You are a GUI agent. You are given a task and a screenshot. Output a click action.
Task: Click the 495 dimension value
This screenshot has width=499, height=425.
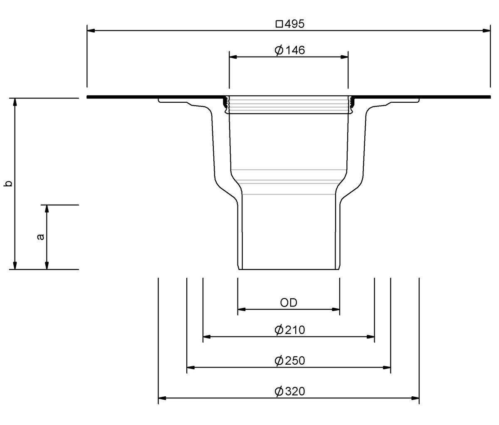tap(294, 24)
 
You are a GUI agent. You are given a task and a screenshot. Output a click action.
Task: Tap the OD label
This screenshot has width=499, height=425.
tap(289, 303)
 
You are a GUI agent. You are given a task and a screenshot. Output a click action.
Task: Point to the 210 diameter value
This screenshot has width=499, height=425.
tap(295, 330)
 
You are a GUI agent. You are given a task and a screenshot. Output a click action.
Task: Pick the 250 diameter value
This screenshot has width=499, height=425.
tap(295, 361)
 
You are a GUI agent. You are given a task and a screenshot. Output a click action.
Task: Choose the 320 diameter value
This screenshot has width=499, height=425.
tap(295, 391)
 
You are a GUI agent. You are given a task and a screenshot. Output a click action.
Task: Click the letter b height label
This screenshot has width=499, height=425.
tap(8, 183)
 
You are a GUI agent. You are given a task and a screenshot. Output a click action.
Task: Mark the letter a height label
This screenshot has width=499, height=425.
tap(41, 237)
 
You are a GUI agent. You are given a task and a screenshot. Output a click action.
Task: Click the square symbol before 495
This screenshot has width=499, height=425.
tap(279, 24)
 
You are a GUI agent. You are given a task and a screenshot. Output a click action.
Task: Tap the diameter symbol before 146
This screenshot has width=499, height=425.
tap(279, 50)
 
